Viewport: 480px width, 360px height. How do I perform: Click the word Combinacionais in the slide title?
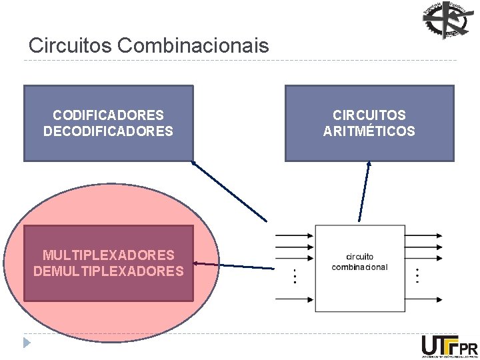tap(193, 45)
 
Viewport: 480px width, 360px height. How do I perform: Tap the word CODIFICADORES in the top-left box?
tap(108, 115)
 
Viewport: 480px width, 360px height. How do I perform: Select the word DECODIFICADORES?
tap(108, 131)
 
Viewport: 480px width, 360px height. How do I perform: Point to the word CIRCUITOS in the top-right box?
tap(369, 115)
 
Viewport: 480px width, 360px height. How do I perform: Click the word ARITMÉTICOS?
tap(369, 131)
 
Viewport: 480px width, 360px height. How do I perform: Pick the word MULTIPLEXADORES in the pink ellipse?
tap(108, 255)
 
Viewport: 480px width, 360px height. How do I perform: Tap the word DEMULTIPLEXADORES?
tap(108, 271)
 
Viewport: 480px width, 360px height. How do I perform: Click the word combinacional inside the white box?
tap(359, 267)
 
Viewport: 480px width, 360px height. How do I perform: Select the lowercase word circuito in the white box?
tap(359, 257)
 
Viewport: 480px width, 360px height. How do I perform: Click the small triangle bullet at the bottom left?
tap(27, 343)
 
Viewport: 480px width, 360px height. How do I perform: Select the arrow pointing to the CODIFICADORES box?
tap(229, 191)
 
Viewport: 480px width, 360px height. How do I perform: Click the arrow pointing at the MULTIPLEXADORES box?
tap(233, 266)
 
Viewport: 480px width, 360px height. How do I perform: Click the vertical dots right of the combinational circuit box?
tap(417, 275)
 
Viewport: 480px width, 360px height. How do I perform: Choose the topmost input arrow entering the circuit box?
tap(293, 235)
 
